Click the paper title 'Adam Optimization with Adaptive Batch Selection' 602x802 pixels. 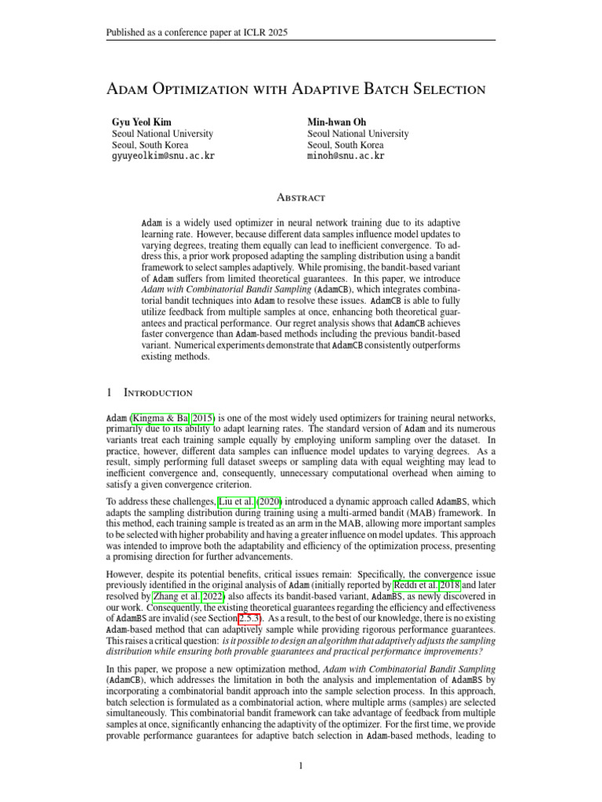pos(296,89)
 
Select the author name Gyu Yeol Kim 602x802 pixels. pos(142,122)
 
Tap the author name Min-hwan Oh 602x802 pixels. pos(339,122)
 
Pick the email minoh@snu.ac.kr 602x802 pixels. pos(346,156)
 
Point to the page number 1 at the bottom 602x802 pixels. pos(300,765)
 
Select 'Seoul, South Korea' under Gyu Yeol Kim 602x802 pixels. pos(151,145)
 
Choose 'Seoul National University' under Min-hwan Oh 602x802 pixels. pos(357,134)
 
